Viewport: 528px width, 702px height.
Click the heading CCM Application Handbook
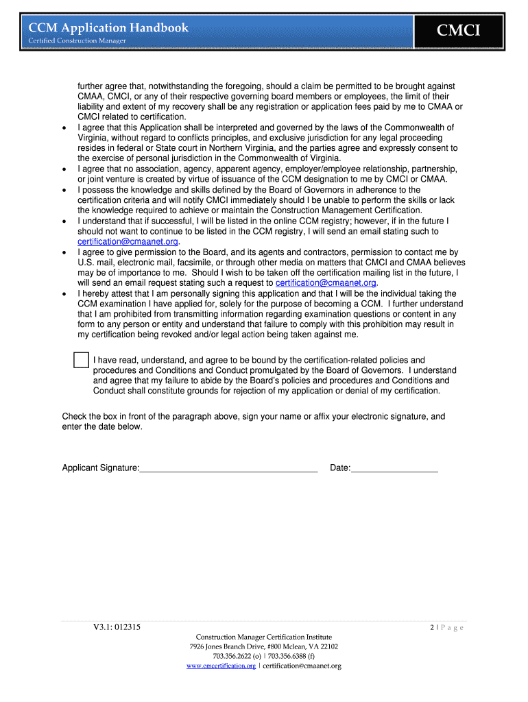tap(108, 27)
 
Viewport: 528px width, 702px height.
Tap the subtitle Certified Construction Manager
tap(77, 41)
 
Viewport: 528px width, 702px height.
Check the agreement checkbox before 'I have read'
tap(81, 361)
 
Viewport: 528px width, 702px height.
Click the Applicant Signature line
tap(228, 468)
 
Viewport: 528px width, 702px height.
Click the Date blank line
tap(394, 468)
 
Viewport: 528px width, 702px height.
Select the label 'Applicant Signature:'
tap(101, 468)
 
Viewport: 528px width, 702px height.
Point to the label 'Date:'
tap(340, 468)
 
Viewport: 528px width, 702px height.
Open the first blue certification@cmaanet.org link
tap(128, 241)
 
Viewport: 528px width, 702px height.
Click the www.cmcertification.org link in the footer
tap(221, 666)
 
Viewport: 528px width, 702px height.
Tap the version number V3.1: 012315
tap(118, 627)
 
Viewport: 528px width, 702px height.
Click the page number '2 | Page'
tap(446, 627)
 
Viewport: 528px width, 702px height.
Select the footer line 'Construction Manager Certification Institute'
tap(263, 637)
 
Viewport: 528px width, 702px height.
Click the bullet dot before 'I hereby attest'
tap(64, 293)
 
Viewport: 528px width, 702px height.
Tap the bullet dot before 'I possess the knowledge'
tap(64, 190)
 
